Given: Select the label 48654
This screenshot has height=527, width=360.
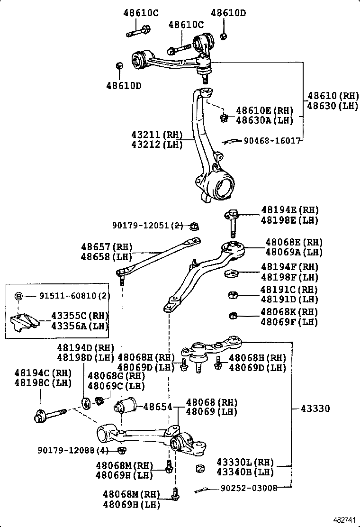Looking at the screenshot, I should (157, 407).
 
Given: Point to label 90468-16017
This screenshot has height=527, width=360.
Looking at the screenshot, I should (272, 141).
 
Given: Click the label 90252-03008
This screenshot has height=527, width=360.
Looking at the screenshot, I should (249, 488).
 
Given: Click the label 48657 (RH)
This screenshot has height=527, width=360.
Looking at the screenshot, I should (107, 247).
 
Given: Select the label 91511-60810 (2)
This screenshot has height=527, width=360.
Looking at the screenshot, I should (74, 296).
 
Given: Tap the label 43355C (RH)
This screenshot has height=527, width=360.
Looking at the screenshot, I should (80, 316).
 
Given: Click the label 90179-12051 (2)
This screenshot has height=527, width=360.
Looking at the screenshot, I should (147, 226).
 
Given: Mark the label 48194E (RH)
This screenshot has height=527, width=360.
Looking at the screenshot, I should (290, 210).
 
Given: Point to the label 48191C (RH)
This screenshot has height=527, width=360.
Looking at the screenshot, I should (289, 290).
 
